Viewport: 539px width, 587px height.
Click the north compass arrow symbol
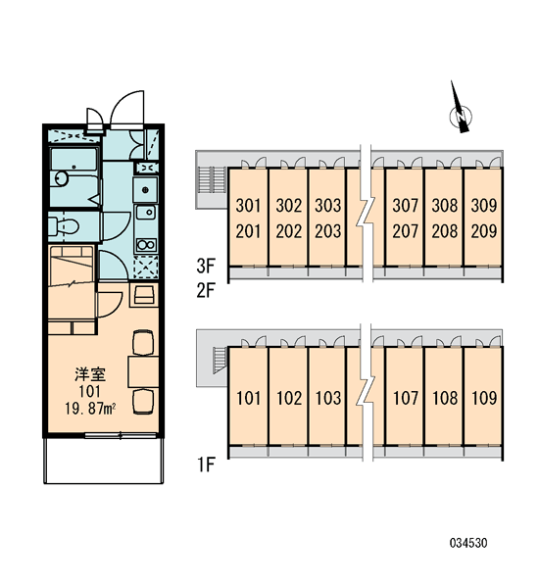[460, 109]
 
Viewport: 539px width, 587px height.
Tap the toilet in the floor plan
[64, 226]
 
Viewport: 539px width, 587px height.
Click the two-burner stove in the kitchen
[146, 245]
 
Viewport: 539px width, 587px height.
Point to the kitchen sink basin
[146, 213]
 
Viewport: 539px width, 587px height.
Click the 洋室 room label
[90, 374]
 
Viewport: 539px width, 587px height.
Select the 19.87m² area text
[90, 409]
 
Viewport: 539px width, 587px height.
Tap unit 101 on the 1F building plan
[248, 398]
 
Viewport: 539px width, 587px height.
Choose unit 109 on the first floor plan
[484, 398]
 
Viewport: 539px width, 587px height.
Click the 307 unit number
[405, 206]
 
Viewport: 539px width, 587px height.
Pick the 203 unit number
[328, 231]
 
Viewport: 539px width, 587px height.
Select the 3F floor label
[206, 266]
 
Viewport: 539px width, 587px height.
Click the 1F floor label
[206, 465]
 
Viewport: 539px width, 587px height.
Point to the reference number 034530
[468, 543]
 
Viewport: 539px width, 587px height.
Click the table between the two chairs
[143, 371]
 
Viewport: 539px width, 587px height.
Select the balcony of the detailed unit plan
[104, 461]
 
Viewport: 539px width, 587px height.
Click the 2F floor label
[206, 290]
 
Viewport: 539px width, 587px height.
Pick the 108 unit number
[445, 398]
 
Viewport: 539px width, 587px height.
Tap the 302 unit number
[288, 206]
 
